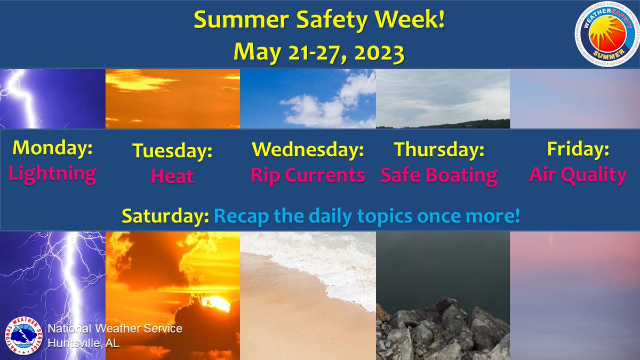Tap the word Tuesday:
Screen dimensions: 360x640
[172, 151]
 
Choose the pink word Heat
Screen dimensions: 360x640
[172, 176]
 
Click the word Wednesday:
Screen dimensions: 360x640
[308, 150]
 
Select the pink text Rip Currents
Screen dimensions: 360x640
[308, 175]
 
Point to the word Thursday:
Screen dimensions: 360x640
[439, 150]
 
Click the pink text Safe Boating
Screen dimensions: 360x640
[439, 175]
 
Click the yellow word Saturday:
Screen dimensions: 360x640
[165, 216]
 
